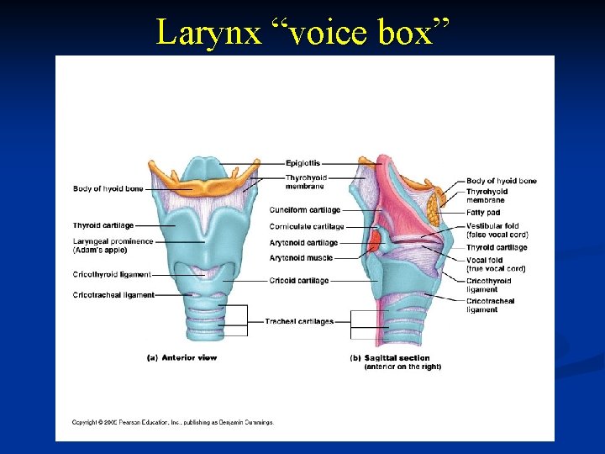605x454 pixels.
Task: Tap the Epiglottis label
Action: (302, 162)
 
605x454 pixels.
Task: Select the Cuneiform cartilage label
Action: (305, 209)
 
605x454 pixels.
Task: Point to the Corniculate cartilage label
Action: (307, 226)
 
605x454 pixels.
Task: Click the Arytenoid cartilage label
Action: (303, 243)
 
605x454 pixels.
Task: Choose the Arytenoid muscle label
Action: (301, 258)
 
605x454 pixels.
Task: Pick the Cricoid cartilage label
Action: (300, 281)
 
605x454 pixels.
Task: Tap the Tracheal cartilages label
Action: (299, 321)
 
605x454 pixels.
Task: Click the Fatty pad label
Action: (483, 213)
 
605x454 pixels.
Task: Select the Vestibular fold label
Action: (492, 226)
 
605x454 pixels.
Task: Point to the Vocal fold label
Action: (486, 261)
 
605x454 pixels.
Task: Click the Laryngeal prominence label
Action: (113, 241)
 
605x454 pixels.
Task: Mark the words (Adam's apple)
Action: (101, 250)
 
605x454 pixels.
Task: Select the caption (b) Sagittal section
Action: (389, 358)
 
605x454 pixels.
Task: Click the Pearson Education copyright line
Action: (172, 422)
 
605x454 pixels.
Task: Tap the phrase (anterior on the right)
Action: (402, 367)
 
